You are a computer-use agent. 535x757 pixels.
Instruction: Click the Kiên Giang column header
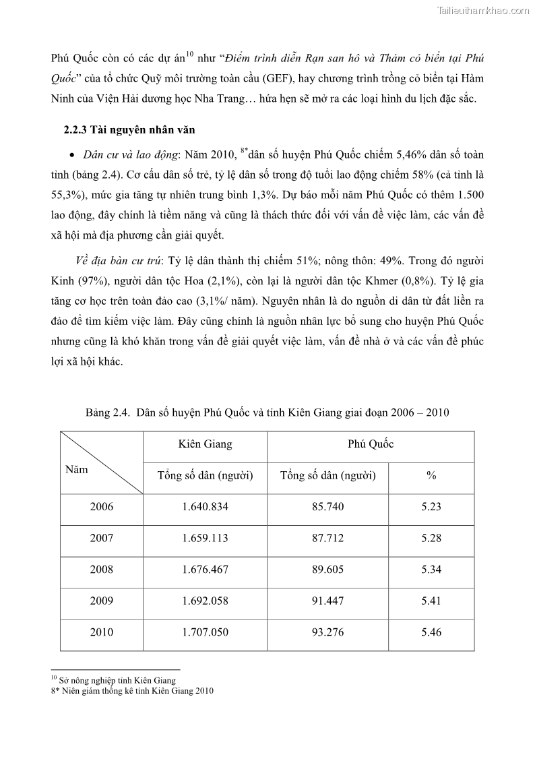tap(205, 444)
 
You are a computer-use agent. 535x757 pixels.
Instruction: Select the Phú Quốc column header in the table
tap(371, 444)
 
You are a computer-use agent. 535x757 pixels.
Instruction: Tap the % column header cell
tap(431, 476)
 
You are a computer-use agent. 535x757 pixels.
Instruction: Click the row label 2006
tap(102, 507)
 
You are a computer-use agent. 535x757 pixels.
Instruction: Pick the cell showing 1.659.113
tap(205, 538)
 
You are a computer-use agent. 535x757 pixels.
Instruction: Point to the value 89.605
tap(327, 570)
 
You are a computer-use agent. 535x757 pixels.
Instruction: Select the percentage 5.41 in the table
tap(431, 601)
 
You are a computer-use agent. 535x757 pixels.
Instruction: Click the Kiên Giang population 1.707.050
tap(205, 632)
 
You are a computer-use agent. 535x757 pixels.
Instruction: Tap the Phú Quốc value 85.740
tap(327, 507)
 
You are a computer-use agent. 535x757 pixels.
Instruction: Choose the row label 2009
tap(102, 601)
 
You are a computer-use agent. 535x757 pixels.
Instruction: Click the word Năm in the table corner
tap(76, 470)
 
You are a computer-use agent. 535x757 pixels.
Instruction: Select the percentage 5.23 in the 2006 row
tap(431, 507)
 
